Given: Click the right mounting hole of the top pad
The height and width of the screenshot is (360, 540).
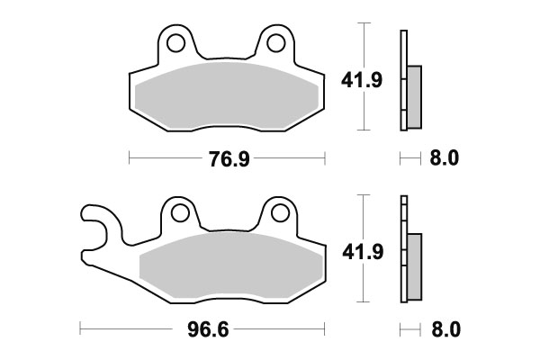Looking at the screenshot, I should click(275, 41).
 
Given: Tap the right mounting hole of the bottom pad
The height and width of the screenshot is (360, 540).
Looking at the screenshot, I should click(278, 213).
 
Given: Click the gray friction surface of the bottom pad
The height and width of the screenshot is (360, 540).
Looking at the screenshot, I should click(230, 265).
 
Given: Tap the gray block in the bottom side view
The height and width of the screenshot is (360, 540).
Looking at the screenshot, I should click(414, 267).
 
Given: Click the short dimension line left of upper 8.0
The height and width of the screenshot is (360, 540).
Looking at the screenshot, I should click(409, 159).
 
